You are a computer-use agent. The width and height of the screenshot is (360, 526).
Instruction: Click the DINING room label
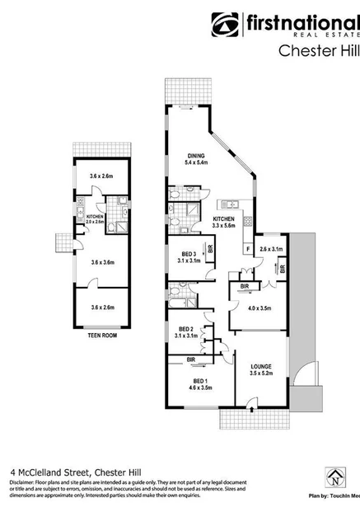click(x=195, y=155)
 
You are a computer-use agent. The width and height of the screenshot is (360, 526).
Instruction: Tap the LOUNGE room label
click(x=261, y=366)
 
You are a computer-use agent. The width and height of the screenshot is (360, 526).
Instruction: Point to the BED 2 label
click(x=186, y=329)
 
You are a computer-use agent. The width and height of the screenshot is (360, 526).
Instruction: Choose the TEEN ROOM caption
click(x=103, y=336)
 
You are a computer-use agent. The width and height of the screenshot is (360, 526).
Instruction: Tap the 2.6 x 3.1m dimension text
click(x=271, y=249)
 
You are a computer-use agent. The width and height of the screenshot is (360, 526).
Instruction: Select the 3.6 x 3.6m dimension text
click(x=103, y=262)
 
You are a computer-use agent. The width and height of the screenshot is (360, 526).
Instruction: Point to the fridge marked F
click(x=248, y=248)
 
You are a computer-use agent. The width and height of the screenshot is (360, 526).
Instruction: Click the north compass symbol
click(x=335, y=478)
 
